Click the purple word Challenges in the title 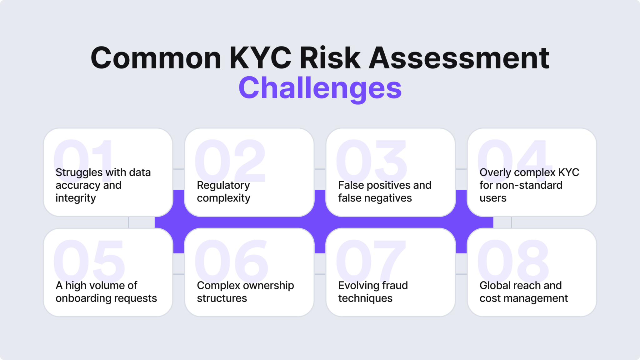[x=320, y=88]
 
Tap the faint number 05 [x=89, y=260]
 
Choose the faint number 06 [x=231, y=260]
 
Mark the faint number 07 [x=371, y=260]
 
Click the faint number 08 [x=513, y=260]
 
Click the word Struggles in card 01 [x=79, y=172]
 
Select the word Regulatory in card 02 [x=223, y=185]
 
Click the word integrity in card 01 [x=76, y=198]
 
